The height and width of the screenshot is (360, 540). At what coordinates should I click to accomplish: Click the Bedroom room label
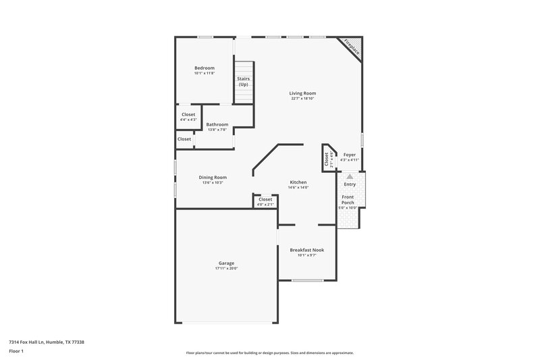click(205, 68)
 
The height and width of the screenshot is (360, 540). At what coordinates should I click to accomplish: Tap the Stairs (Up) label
click(243, 82)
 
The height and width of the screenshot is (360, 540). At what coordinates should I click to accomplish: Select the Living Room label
click(302, 93)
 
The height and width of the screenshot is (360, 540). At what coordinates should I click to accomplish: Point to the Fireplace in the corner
click(351, 47)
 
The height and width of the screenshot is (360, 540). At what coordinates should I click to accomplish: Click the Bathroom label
click(217, 124)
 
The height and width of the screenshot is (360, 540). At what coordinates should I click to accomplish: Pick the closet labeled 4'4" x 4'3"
click(188, 117)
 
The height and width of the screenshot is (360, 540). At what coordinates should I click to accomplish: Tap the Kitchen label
click(298, 182)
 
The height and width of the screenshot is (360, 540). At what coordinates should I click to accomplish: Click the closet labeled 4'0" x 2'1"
click(265, 201)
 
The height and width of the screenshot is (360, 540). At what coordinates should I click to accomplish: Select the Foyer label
click(350, 155)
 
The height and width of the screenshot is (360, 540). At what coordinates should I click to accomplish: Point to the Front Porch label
click(348, 200)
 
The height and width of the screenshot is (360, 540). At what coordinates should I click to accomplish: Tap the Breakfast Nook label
click(307, 250)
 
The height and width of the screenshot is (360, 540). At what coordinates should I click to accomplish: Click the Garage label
click(226, 263)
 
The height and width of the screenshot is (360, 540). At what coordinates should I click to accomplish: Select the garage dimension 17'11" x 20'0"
click(226, 269)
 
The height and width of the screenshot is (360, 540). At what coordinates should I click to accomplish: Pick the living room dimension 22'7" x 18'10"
click(302, 99)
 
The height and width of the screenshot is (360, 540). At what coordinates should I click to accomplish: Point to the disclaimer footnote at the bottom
click(270, 353)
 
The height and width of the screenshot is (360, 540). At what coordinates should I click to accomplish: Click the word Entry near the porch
click(350, 184)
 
